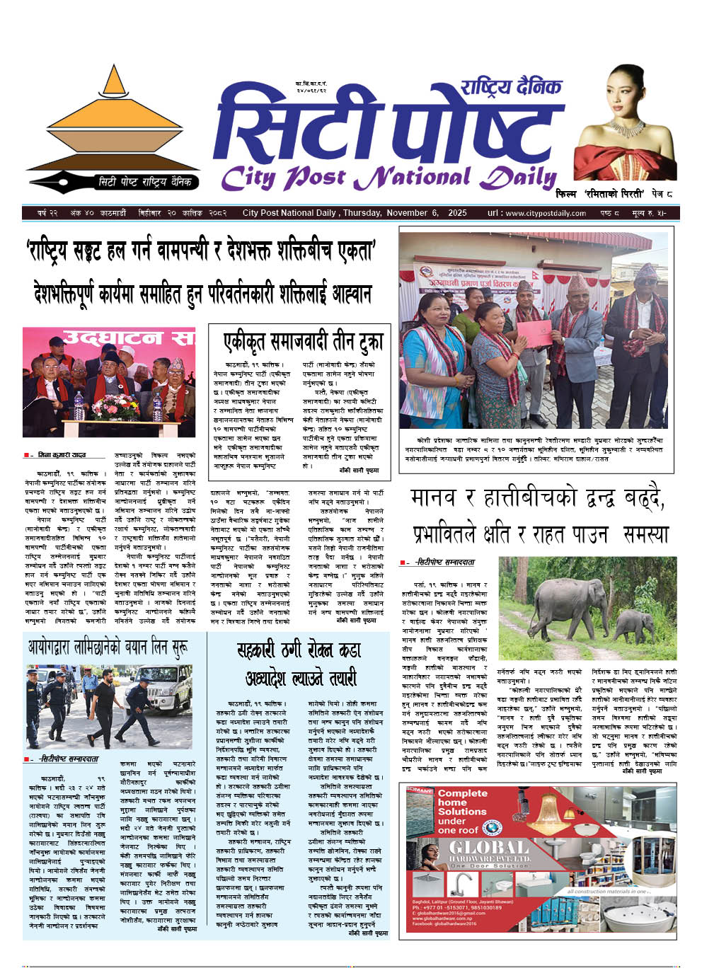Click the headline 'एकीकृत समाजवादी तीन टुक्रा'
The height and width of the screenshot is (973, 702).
(303, 342)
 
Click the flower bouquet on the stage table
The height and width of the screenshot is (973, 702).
(115, 406)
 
